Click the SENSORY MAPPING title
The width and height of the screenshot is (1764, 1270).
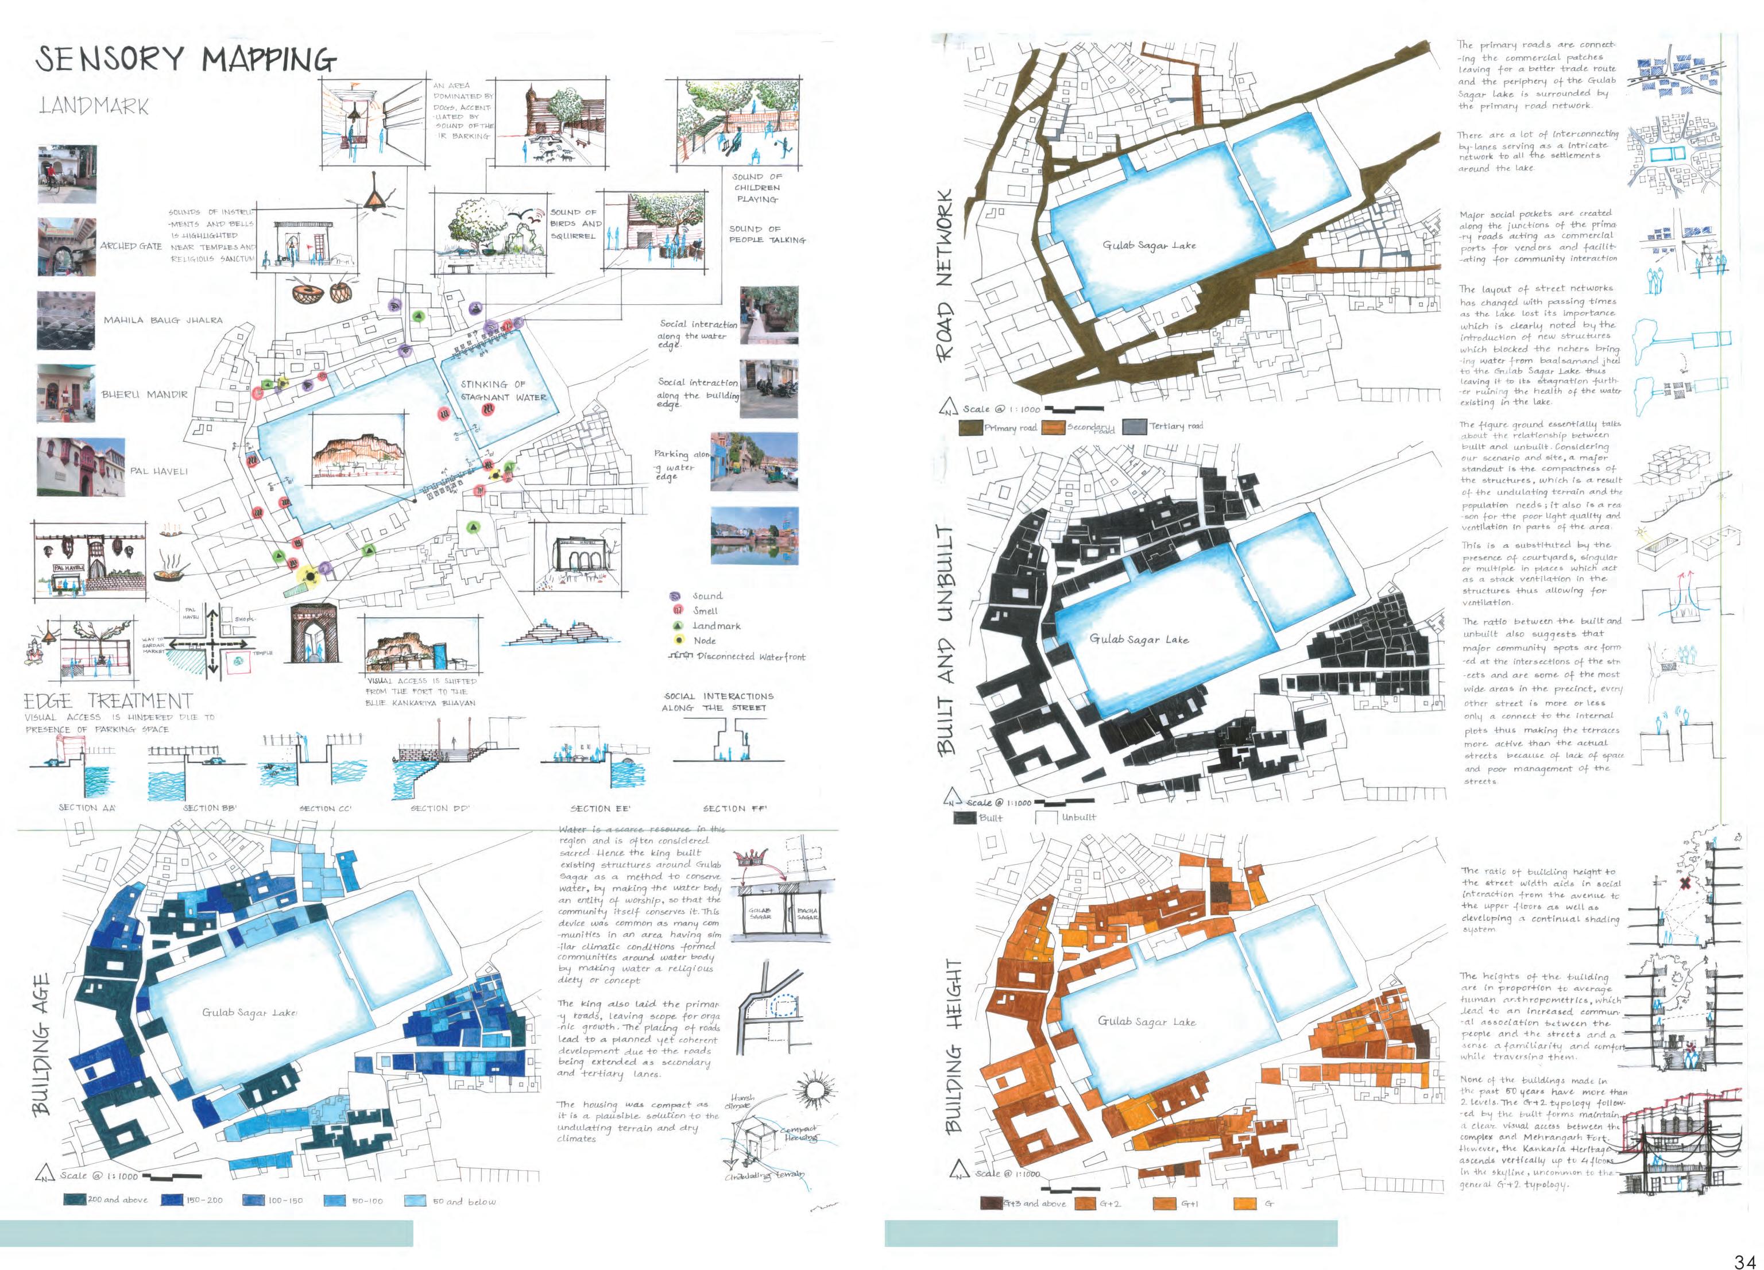tap(186, 59)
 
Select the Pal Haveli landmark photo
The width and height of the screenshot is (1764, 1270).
tap(80, 467)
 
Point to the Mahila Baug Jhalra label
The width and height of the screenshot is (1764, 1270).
tap(163, 320)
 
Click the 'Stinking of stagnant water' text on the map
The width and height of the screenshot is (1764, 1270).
tap(503, 390)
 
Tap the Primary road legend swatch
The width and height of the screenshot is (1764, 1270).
tap(970, 428)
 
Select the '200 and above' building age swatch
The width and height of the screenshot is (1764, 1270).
tap(75, 1199)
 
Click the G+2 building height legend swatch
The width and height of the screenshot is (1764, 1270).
tap(1084, 1204)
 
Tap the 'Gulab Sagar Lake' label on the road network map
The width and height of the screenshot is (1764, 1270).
tap(1149, 245)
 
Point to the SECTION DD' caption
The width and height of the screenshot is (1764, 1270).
tap(440, 808)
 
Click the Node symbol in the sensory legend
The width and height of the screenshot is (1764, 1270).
tap(679, 640)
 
